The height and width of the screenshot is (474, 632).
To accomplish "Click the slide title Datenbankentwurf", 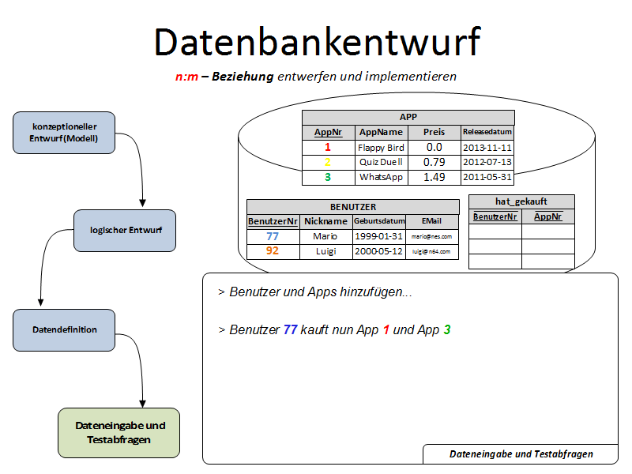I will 316,41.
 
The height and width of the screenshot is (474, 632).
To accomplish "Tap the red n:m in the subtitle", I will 186,77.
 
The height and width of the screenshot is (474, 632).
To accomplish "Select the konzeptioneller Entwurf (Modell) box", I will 65,133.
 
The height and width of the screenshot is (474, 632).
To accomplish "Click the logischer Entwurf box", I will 126,230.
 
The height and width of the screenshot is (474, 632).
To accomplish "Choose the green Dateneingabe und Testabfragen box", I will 119,432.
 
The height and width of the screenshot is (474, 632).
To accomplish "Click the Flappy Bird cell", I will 380,147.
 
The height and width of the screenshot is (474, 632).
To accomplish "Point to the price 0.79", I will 434,162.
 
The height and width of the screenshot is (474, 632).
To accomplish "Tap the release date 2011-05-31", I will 487,177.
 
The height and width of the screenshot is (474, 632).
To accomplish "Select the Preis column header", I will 434,132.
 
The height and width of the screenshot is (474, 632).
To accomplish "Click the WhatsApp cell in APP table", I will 380,177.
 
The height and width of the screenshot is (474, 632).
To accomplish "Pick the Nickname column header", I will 325,221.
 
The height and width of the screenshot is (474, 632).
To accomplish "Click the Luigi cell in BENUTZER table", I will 325,251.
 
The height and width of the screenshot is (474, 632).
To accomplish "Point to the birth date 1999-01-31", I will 379,236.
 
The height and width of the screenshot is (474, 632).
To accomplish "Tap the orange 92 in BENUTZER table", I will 273,251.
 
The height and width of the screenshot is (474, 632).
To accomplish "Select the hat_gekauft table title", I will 521,201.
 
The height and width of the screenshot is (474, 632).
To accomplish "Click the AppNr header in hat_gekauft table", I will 547,216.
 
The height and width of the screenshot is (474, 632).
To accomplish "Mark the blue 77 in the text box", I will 290,329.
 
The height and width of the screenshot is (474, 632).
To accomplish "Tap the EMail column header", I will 431,221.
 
